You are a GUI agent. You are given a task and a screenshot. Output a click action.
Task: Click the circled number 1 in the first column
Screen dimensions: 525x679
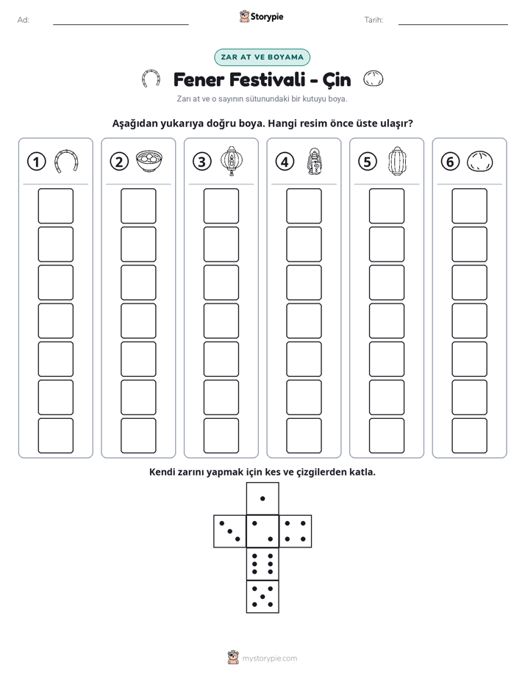(x=36, y=162)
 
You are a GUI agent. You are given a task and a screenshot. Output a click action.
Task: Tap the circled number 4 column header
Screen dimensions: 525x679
(x=285, y=162)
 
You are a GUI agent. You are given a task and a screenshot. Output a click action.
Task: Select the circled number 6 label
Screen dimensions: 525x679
(x=450, y=162)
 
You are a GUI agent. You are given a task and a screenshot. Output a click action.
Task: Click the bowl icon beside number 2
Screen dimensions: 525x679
(x=149, y=161)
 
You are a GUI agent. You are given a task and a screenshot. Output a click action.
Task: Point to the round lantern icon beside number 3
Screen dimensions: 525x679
(x=232, y=161)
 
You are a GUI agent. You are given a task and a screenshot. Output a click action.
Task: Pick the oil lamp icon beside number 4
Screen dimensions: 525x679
(x=315, y=162)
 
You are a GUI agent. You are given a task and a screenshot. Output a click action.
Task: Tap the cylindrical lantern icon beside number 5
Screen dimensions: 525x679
(x=397, y=161)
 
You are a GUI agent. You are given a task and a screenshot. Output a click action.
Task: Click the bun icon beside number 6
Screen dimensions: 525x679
(x=480, y=162)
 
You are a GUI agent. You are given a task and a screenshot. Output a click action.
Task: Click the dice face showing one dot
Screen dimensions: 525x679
(x=262, y=498)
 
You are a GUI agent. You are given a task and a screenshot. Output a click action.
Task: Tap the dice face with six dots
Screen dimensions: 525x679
(x=262, y=564)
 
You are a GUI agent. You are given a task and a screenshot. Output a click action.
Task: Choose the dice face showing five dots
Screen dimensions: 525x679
(x=262, y=596)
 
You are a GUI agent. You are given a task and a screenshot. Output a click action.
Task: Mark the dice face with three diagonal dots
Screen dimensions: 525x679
(x=229, y=531)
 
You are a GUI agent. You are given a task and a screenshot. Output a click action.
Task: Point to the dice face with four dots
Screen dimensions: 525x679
(x=296, y=531)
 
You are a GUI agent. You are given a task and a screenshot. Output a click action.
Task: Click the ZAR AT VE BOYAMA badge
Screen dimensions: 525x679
(x=262, y=57)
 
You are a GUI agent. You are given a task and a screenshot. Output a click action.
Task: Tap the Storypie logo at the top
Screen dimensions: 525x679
(x=261, y=17)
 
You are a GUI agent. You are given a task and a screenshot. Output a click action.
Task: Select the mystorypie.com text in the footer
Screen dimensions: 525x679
(x=269, y=658)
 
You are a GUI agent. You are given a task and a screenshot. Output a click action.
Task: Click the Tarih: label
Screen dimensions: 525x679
(x=374, y=20)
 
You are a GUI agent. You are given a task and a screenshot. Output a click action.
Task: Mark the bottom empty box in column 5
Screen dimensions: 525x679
(x=387, y=436)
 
